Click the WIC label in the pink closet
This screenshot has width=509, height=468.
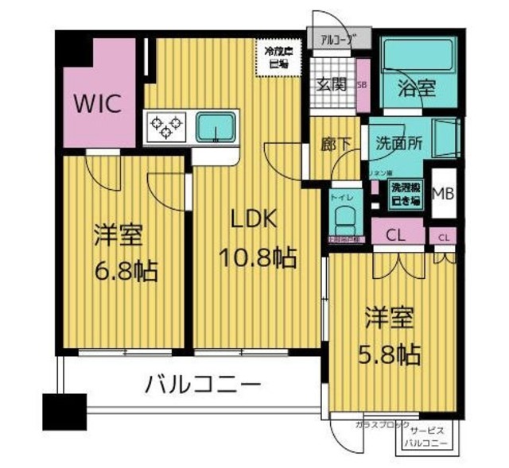pyautogui.click(x=98, y=104)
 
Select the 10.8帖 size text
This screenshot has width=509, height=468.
pyautogui.click(x=258, y=257)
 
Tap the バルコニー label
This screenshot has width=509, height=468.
pyautogui.click(x=203, y=387)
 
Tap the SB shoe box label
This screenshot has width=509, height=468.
pyautogui.click(x=361, y=83)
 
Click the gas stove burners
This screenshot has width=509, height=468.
pyautogui.click(x=165, y=126)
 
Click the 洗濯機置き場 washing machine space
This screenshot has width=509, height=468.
pyautogui.click(x=405, y=193)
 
